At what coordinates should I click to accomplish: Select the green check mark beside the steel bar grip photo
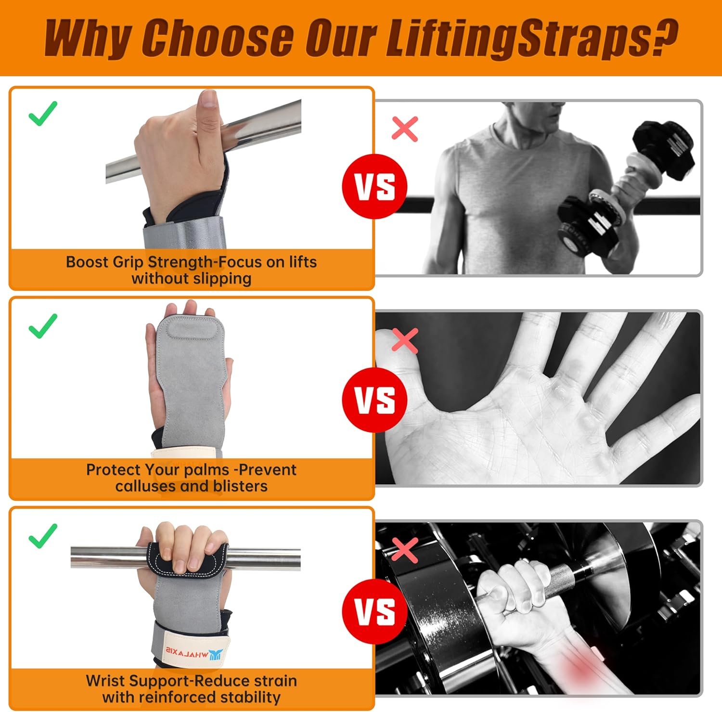(x=43, y=114)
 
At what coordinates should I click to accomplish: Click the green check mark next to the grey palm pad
(x=43, y=325)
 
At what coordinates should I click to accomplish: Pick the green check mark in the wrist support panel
(x=43, y=535)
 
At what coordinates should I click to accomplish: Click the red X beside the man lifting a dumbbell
(x=405, y=129)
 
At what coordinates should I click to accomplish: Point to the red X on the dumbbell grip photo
(x=405, y=550)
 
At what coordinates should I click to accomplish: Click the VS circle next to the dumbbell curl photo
(x=374, y=186)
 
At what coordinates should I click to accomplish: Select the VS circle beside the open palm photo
(x=374, y=400)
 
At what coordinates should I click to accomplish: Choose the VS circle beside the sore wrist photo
(x=374, y=611)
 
